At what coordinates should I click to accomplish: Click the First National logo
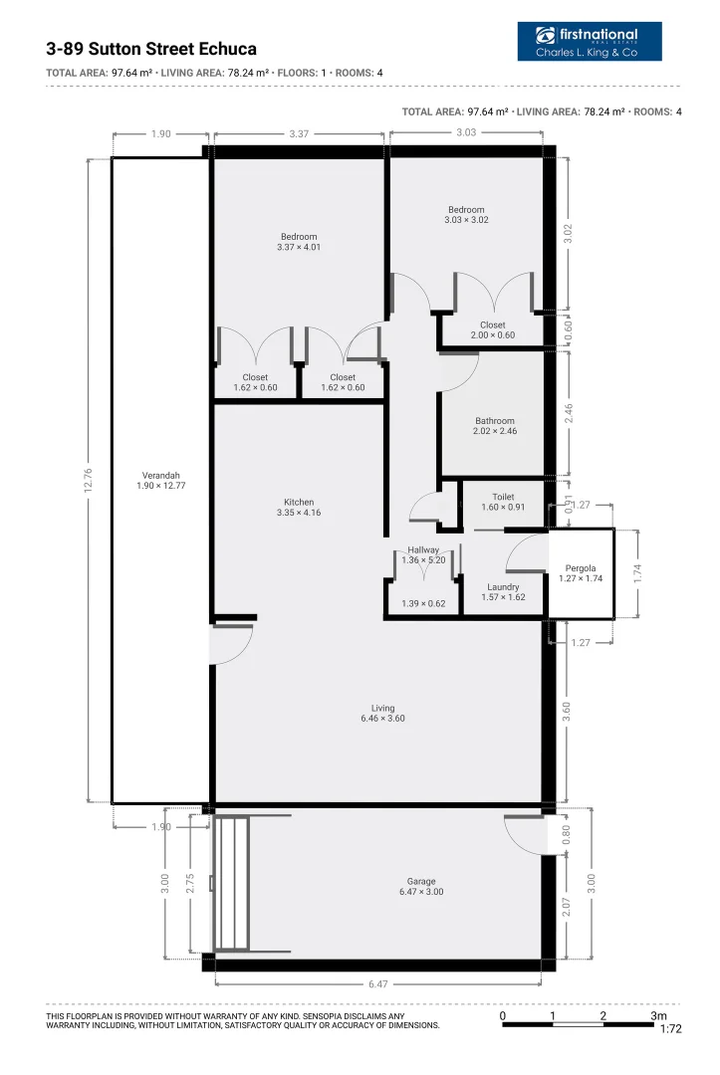[590, 42]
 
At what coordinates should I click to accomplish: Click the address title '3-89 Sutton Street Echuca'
[151, 49]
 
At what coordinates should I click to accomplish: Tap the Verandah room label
[161, 481]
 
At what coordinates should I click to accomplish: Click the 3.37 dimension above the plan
[299, 133]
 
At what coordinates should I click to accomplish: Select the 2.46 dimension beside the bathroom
[569, 413]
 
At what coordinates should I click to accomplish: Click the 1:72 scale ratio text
[670, 1030]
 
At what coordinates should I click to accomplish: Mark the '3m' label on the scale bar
[658, 1015]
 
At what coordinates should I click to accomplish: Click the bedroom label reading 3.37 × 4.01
[299, 242]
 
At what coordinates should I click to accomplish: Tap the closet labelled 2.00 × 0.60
[493, 330]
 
